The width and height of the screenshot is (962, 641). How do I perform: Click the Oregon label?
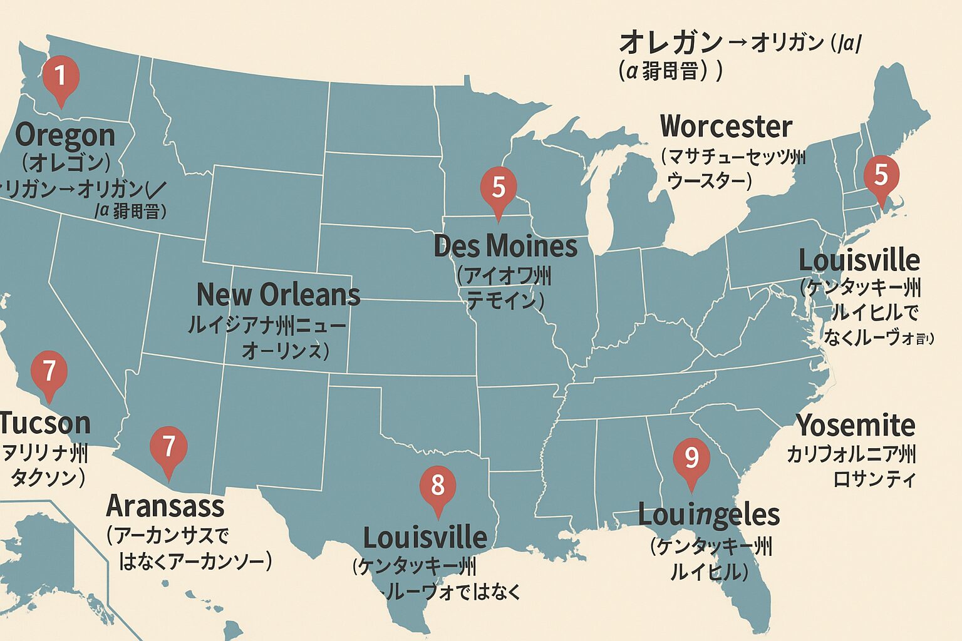[65, 135]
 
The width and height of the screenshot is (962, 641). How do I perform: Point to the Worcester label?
[726, 126]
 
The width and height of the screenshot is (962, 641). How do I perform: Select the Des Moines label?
[505, 246]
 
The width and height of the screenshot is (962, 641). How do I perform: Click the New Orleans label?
[278, 294]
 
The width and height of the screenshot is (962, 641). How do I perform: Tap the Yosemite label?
[856, 426]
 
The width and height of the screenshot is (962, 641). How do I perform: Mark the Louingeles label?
[708, 515]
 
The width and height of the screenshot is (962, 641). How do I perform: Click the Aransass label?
[165, 506]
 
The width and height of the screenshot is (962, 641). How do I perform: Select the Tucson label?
[45, 423]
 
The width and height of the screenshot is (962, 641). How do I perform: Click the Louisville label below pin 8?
[425, 538]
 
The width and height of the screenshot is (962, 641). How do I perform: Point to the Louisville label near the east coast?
[859, 260]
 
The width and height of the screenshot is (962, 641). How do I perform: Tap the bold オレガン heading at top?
[670, 43]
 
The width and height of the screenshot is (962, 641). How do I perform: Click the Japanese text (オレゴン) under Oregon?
[66, 163]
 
